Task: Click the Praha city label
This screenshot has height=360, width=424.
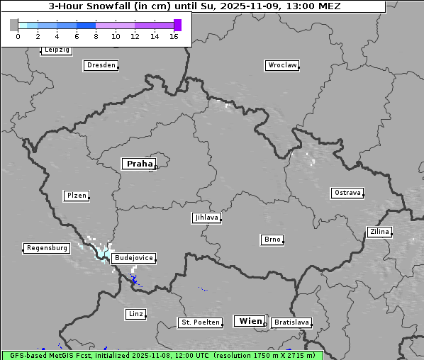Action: click(138, 164)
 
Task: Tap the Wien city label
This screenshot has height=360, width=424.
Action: click(250, 321)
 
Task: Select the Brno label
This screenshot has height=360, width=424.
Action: click(272, 240)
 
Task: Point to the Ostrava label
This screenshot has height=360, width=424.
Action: click(347, 193)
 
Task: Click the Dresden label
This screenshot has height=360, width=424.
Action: click(100, 65)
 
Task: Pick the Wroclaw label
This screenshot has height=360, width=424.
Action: click(281, 65)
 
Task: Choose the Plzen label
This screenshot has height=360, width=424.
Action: click(76, 196)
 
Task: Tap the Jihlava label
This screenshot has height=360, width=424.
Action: click(206, 218)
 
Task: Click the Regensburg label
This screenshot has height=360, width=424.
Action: click(46, 248)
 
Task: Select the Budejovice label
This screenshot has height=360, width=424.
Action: click(133, 258)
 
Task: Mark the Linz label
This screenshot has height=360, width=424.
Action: click(135, 313)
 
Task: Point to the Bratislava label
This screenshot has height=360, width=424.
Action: click(291, 322)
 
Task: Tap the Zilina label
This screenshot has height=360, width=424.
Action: click(379, 232)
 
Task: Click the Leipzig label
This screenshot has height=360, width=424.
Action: click(56, 50)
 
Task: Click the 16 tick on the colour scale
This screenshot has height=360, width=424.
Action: click(174, 36)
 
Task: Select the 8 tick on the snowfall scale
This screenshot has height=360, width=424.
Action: click(96, 36)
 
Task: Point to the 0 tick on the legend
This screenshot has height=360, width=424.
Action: click(18, 36)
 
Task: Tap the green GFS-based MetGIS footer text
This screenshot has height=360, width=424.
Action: click(162, 355)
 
